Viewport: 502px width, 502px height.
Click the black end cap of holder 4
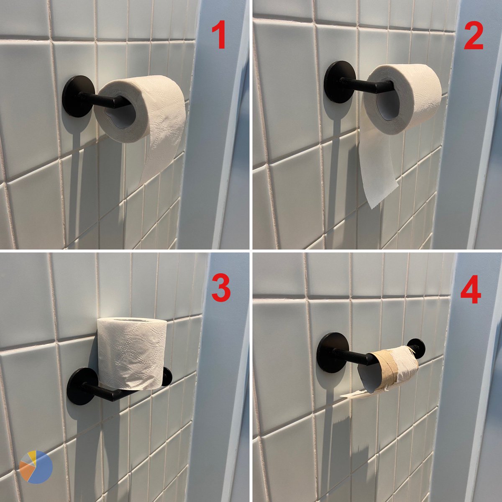415,346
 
